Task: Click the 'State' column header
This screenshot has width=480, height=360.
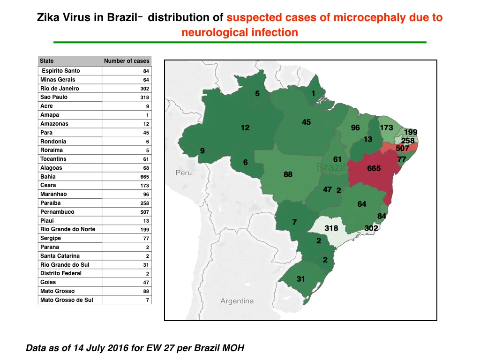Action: point(47,61)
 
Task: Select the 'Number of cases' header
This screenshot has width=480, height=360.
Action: point(127,61)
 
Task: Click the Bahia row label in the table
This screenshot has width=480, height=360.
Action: point(48,177)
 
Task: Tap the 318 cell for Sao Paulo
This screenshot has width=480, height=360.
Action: point(144,97)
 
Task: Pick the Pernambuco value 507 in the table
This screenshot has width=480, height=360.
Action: point(144,212)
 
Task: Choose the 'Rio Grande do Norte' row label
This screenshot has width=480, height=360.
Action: point(67,229)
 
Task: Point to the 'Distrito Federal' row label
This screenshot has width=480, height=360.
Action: point(61,273)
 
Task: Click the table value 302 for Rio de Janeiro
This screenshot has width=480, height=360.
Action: point(144,89)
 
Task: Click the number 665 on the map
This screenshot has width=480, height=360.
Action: point(374,168)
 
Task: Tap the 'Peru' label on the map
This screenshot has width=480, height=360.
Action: point(184,172)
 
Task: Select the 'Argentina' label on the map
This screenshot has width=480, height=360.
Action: point(237,301)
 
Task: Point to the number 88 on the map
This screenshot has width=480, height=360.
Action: point(288,174)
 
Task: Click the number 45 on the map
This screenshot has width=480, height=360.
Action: point(306,122)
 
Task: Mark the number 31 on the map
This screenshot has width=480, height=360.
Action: point(300,279)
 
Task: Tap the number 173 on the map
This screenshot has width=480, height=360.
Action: point(386,127)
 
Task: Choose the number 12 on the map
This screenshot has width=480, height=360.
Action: point(245,127)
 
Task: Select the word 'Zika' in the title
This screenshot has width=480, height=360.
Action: point(48,17)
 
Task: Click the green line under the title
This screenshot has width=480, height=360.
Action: point(240,42)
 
